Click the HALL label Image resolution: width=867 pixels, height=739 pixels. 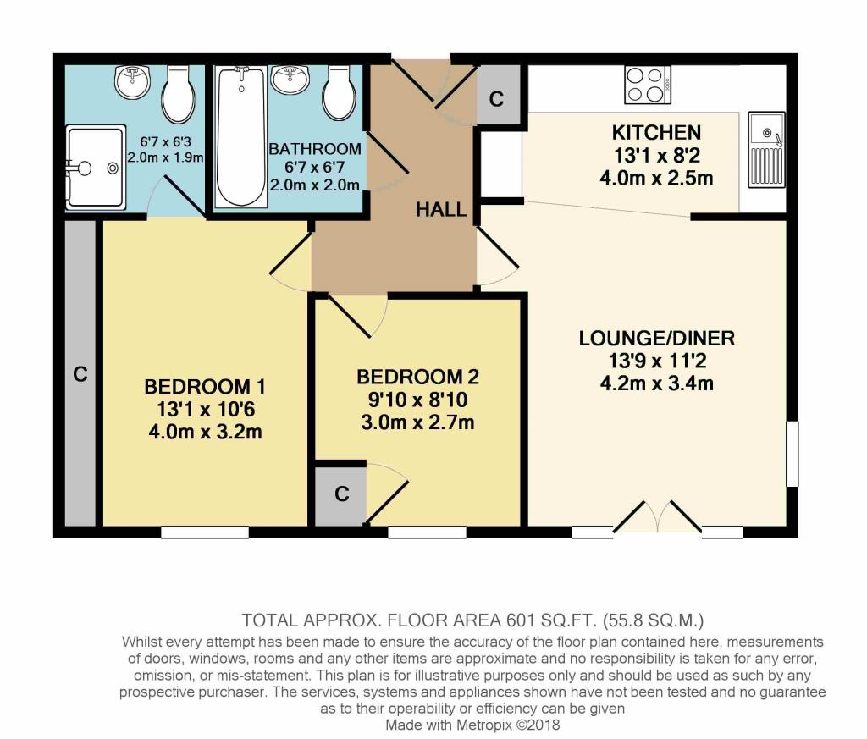pyautogui.click(x=440, y=209)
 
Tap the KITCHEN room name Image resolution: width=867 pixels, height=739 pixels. pyautogui.click(x=656, y=133)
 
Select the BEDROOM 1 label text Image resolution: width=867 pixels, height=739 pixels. pyautogui.click(x=205, y=386)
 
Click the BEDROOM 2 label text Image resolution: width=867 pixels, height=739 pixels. pyautogui.click(x=417, y=377)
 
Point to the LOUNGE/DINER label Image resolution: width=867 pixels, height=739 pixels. pyautogui.click(x=656, y=339)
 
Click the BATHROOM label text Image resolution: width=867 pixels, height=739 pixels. pyautogui.click(x=315, y=149)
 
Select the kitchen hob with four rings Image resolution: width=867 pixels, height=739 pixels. pyautogui.click(x=648, y=85)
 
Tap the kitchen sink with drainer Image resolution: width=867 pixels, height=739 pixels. pyautogui.click(x=767, y=149)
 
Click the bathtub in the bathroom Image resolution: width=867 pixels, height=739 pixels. pyautogui.click(x=240, y=136)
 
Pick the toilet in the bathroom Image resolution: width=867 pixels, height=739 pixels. pyautogui.click(x=339, y=92)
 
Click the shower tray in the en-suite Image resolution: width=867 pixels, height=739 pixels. pyautogui.click(x=96, y=168)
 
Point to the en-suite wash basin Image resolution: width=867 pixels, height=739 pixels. pyautogui.click(x=133, y=81)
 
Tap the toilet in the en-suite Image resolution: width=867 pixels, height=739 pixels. pyautogui.click(x=178, y=94)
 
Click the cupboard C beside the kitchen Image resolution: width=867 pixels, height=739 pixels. pyautogui.click(x=498, y=95)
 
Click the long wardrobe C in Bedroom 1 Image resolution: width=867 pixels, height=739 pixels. pyautogui.click(x=80, y=373)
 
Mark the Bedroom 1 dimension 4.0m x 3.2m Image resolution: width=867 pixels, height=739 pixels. pyautogui.click(x=205, y=432)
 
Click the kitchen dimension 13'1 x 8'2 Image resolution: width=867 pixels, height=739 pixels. pyautogui.click(x=656, y=156)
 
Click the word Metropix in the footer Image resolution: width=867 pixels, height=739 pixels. pyautogui.click(x=484, y=724)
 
